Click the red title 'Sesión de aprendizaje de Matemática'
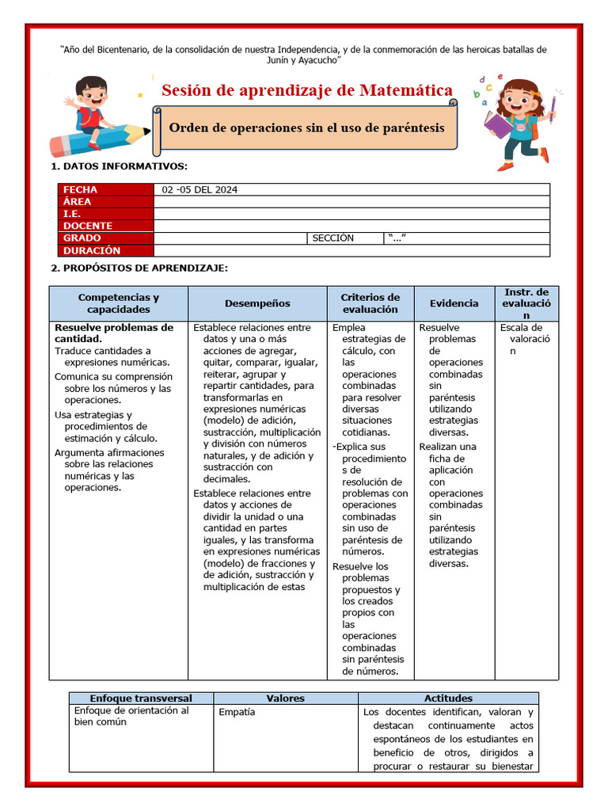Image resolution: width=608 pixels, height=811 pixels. click(x=307, y=90)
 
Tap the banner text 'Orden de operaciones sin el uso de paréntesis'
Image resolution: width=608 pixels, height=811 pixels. click(x=307, y=128)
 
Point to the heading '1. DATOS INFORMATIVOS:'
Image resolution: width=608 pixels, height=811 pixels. click(x=120, y=166)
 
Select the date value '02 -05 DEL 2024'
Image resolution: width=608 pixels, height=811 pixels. click(x=199, y=189)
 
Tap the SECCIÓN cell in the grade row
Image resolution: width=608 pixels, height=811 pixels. click(x=333, y=238)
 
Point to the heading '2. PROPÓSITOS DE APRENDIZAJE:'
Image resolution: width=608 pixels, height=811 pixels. click(x=139, y=268)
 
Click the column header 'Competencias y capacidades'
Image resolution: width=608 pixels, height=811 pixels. click(x=119, y=303)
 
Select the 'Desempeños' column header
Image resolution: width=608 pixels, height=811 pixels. click(x=257, y=303)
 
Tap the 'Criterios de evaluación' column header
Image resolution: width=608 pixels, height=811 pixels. click(x=370, y=303)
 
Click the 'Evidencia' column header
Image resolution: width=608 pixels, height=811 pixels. click(x=454, y=303)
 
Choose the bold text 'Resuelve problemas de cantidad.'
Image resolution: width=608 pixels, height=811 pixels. click(x=113, y=333)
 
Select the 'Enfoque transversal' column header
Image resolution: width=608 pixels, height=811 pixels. click(x=141, y=699)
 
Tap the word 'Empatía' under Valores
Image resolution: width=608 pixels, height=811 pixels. click(x=237, y=712)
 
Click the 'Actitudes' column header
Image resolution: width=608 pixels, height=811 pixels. click(x=448, y=699)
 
